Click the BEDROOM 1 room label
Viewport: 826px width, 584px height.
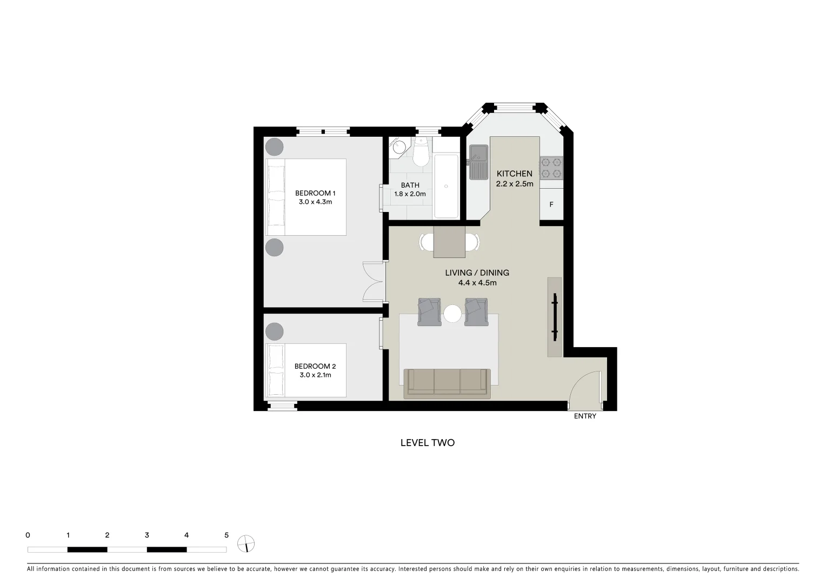[315, 197]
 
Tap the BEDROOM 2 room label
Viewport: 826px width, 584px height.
[315, 370]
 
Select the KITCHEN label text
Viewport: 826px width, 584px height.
[514, 174]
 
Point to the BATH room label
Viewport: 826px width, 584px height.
[410, 185]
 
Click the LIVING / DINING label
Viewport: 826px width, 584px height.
[477, 273]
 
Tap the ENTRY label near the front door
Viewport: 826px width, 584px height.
[585, 416]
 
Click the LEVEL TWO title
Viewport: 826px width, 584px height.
[427, 442]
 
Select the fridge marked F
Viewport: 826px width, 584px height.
[551, 204]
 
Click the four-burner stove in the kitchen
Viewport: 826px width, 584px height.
[551, 168]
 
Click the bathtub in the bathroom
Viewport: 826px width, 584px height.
[446, 186]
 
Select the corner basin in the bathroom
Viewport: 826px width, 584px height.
[398, 146]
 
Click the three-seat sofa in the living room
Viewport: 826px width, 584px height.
[447, 383]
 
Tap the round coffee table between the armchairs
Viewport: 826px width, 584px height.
[452, 313]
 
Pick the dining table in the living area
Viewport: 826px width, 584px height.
[449, 242]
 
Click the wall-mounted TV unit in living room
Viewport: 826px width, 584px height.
[555, 317]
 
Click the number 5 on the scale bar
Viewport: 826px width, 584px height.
[227, 535]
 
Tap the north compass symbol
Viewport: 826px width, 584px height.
[246, 543]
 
